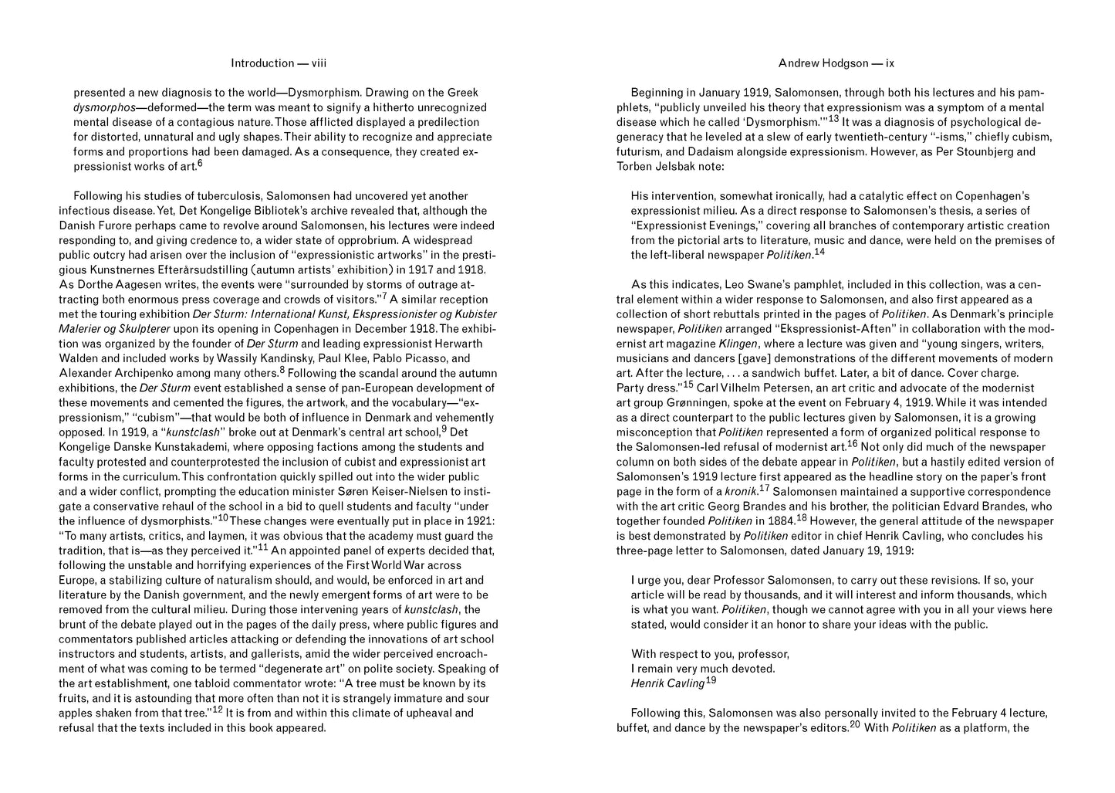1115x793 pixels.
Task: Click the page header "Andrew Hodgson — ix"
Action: coord(836,63)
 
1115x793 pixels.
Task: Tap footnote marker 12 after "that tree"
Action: coord(218,709)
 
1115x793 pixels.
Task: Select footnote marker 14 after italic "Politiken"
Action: coord(819,252)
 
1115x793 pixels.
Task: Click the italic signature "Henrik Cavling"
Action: coord(667,683)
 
